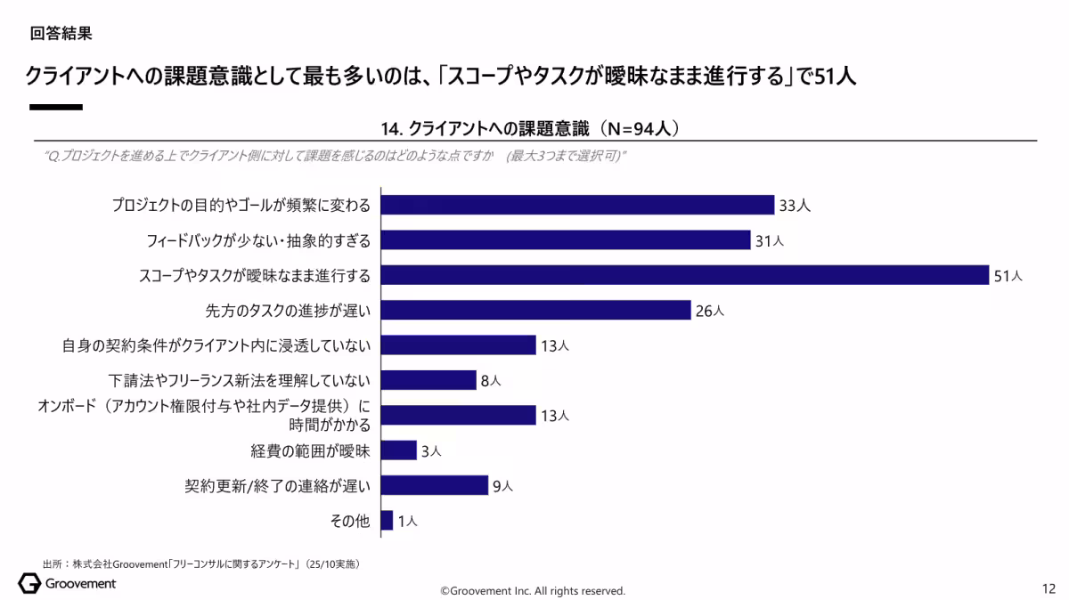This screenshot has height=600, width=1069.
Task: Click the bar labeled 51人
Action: pyautogui.click(x=685, y=275)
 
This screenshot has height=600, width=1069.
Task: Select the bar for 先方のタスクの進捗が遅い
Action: pyautogui.click(x=535, y=310)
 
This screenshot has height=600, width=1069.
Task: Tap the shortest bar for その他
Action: pyautogui.click(x=387, y=521)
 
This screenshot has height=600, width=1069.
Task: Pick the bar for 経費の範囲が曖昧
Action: pyautogui.click(x=398, y=450)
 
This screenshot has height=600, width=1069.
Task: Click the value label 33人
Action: pyautogui.click(x=794, y=206)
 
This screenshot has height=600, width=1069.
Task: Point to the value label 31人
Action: pyautogui.click(x=770, y=240)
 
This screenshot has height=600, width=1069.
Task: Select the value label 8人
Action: pyautogui.click(x=491, y=381)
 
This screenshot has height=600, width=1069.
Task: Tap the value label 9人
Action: pyautogui.click(x=502, y=486)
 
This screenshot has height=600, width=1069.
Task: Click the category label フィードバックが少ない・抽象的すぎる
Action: pyautogui.click(x=257, y=240)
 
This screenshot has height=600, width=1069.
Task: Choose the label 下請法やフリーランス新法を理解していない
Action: pyautogui.click(x=239, y=381)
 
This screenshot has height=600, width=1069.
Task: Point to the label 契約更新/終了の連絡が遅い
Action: pyautogui.click(x=277, y=486)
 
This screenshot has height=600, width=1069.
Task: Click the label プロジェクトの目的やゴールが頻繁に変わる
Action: pyautogui.click(x=241, y=206)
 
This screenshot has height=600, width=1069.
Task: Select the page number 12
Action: pyautogui.click(x=1049, y=589)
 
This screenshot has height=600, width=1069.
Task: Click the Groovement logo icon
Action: pyautogui.click(x=29, y=584)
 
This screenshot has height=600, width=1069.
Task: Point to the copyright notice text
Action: pyautogui.click(x=534, y=591)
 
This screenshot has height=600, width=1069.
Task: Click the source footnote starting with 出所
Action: pyautogui.click(x=200, y=564)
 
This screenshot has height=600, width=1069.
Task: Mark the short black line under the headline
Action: pyautogui.click(x=56, y=107)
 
